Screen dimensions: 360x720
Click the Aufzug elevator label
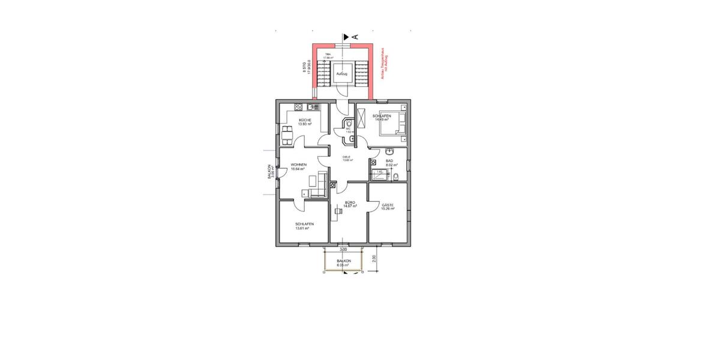pos(342,74)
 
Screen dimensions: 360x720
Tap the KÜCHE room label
pos(305,120)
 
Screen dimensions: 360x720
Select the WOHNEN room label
pos(299,164)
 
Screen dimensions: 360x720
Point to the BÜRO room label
pos(350,203)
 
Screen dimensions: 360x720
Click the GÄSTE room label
pos(388,205)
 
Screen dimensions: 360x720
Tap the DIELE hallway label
pos(347,157)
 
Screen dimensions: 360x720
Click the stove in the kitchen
pos(297,107)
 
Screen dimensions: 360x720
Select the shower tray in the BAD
pos(380,175)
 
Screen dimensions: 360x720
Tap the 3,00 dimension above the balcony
pos(343,248)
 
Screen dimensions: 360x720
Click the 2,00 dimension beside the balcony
pos(374,259)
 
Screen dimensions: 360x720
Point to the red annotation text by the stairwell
pos(385,63)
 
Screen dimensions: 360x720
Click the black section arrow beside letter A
pos(346,37)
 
